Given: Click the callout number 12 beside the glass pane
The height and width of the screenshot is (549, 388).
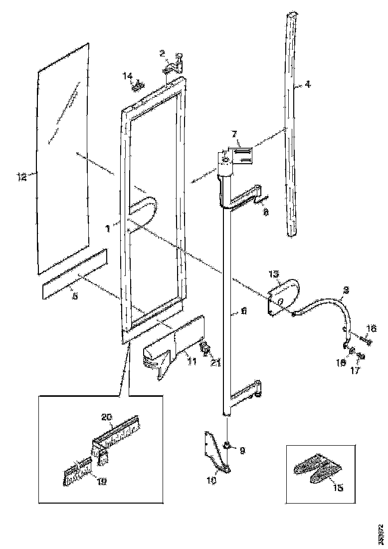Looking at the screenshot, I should tap(21, 176).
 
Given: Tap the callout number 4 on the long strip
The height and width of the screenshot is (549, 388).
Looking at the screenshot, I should tap(308, 85).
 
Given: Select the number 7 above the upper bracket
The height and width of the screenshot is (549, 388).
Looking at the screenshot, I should tap(233, 134).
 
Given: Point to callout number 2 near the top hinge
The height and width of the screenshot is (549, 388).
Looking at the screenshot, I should tap(162, 53).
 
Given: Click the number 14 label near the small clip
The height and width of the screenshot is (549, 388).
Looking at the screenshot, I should tap(128, 76).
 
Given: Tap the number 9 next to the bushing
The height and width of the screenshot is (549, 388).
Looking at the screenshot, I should tap(242, 450).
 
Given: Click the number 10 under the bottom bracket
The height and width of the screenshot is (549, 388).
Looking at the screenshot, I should tap(211, 481).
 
